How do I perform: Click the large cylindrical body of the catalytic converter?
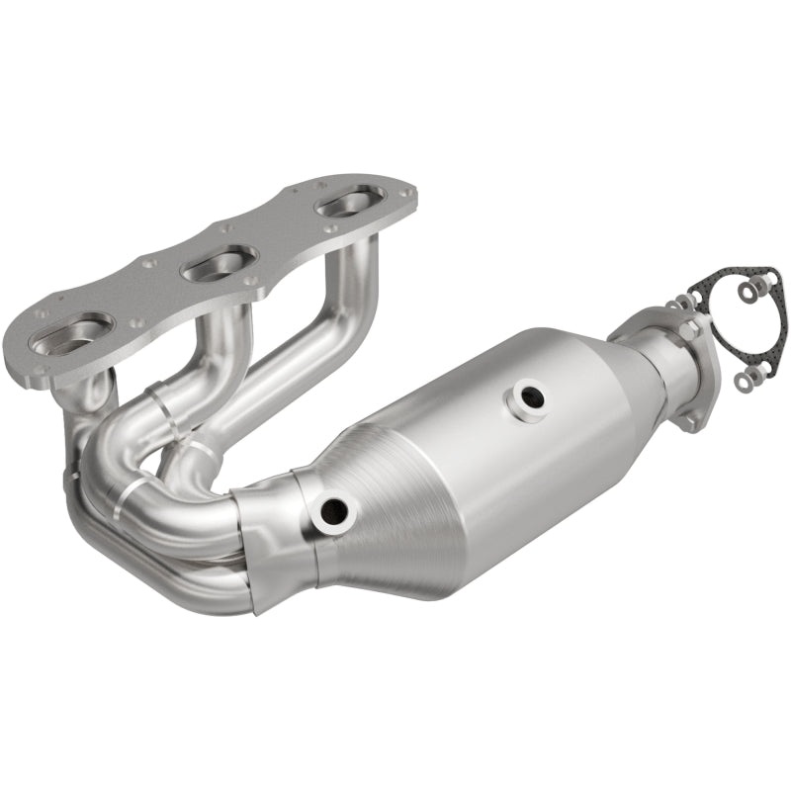pyautogui.click(x=514, y=445)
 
